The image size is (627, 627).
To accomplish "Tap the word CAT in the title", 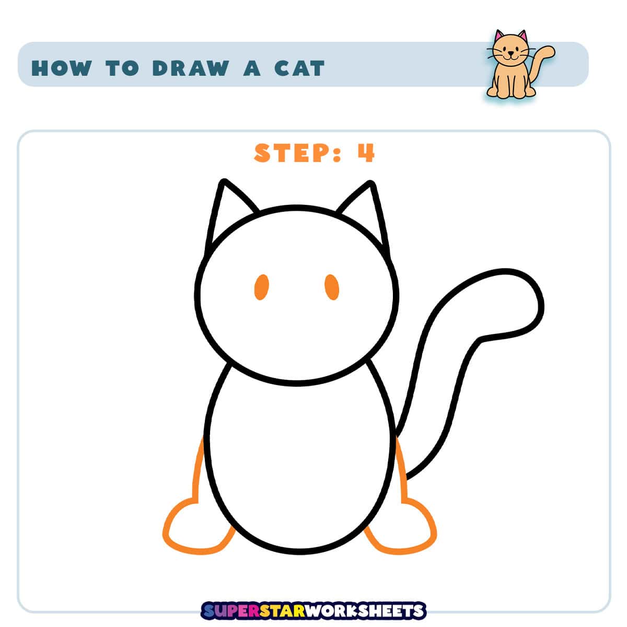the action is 299,68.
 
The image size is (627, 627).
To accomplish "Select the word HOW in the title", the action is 62,68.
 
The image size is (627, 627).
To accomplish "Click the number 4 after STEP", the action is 366,153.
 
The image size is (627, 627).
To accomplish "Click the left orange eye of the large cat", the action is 261,287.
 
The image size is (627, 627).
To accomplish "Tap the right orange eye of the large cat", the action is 332,287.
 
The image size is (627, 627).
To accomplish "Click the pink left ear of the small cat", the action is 499,37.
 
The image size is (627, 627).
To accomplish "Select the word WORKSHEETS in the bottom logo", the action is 366,611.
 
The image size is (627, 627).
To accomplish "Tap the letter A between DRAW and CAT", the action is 252,68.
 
